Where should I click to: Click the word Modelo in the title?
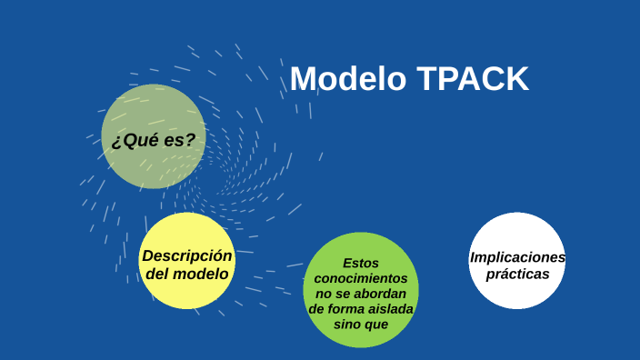coord(348,80)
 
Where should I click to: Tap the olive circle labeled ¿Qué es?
coord(153,136)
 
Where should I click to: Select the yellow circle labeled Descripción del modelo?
coord(186,261)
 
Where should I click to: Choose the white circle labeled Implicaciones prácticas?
coord(516,261)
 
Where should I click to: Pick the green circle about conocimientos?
coord(360,290)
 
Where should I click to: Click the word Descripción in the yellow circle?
coord(187,255)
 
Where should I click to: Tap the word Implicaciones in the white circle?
coord(517,257)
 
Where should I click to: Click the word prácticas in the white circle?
coord(517,274)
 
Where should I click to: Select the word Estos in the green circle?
coord(361,263)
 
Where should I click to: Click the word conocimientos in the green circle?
coord(361,278)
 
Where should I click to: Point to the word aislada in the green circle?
coord(393,310)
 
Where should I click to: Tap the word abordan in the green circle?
coord(386,294)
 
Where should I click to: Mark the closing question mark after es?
coord(190,140)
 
